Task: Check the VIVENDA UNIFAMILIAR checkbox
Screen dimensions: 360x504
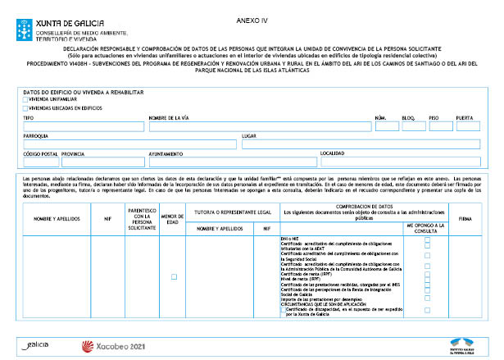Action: click(26, 99)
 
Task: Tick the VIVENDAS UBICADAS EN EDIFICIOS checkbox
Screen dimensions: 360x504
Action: click(26, 107)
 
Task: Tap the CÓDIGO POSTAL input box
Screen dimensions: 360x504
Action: click(40, 162)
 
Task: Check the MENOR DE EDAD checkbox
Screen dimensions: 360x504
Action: click(174, 276)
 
